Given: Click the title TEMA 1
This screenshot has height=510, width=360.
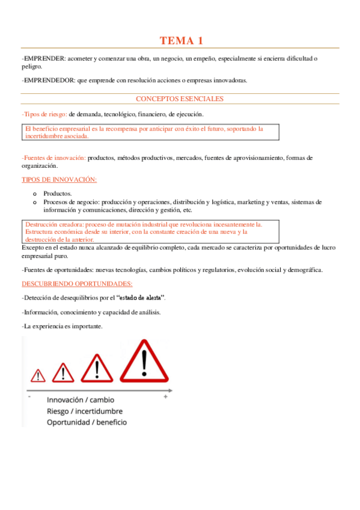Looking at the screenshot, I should pos(181,41).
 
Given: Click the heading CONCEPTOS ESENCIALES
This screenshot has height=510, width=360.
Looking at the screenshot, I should pos(180,99).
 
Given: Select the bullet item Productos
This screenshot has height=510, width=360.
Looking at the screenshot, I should pos(58,194).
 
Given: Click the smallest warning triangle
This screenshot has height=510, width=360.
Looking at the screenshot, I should pos(38,375).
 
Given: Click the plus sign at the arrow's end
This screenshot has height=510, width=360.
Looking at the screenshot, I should pos(166,398).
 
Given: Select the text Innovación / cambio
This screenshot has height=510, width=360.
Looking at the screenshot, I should pos(80,399).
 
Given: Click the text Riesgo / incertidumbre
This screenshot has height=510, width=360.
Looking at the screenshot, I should pos(85,411).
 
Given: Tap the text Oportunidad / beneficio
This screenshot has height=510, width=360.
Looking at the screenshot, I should pos(87,422).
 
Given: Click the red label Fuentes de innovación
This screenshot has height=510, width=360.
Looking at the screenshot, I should pos(53,158).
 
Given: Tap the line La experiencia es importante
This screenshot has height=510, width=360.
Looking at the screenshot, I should pos(62,327).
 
